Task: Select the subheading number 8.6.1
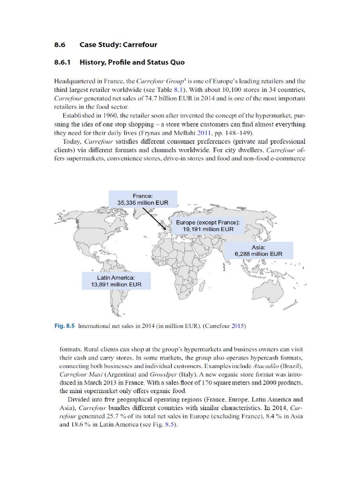pos(65,62)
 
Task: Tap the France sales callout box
pos(143,199)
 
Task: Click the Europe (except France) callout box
pos(208,225)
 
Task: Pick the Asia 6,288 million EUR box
pos(259,250)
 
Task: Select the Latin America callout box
pos(116,280)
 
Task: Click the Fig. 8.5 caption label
pos(66,325)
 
